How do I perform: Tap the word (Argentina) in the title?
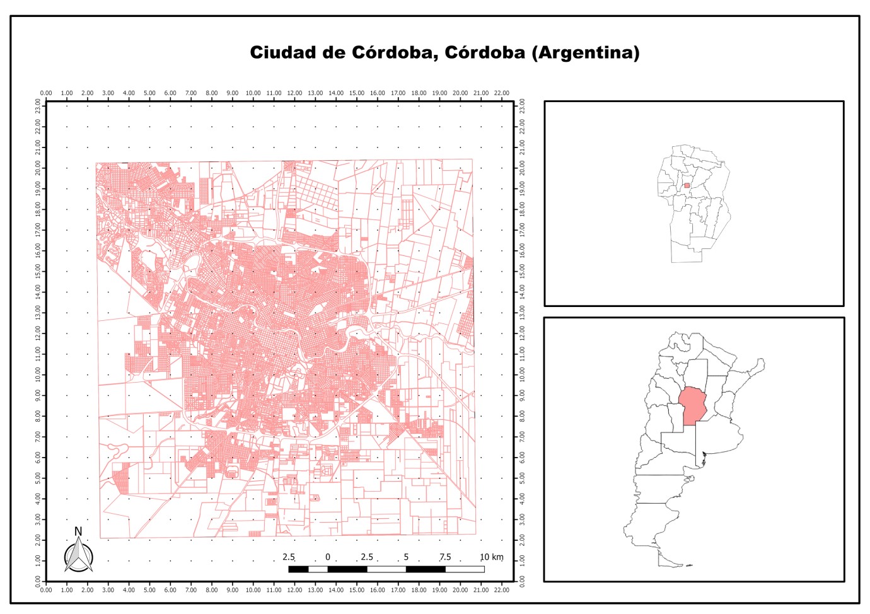pos(586,52)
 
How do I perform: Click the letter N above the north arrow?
pos(78,531)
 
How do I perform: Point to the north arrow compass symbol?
pos(79,557)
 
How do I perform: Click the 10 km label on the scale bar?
pos(492,557)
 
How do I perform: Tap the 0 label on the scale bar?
pos(328,557)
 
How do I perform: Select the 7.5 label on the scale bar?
pos(445,557)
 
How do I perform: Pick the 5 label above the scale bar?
pos(406,557)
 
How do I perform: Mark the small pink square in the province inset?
pos(687,185)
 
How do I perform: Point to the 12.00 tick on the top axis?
pos(294,93)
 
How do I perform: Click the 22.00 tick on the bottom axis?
pos(501,590)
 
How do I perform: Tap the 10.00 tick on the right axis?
pos(522,374)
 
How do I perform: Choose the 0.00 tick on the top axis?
pos(46,93)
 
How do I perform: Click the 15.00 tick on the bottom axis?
pos(356,590)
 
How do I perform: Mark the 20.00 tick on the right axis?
pos(522,168)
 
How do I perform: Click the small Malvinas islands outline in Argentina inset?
pos(688,565)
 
